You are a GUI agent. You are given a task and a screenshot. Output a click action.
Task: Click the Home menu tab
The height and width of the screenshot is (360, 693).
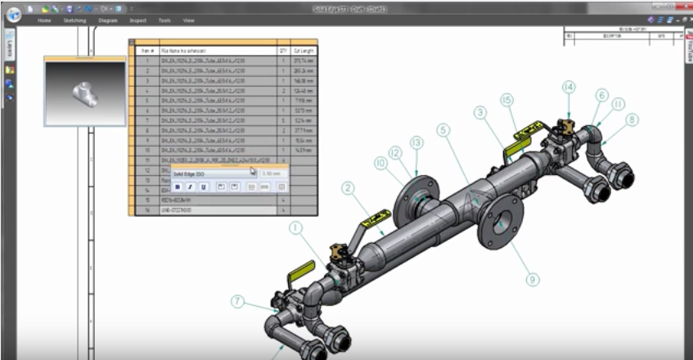point(44,20)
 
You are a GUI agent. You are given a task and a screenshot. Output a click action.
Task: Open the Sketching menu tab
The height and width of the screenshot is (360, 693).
point(74,20)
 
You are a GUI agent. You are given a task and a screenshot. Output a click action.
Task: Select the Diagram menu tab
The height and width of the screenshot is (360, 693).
point(107,20)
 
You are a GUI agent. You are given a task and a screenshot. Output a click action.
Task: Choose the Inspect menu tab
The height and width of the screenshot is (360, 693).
point(137,20)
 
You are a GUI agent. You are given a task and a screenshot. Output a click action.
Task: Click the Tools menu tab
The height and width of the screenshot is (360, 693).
point(164,20)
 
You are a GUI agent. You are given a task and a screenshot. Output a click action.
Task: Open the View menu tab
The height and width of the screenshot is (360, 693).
point(189,20)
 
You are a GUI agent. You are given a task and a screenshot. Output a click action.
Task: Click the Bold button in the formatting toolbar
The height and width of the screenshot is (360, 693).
point(178,187)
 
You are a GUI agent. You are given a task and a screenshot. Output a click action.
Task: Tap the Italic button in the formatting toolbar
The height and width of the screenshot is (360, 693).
point(190,187)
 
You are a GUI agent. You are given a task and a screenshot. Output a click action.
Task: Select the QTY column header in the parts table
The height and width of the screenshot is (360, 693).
point(283,50)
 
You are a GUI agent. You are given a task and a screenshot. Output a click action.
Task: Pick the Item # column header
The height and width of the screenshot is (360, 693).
point(147,50)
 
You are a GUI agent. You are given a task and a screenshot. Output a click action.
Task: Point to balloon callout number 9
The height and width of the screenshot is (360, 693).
point(533,279)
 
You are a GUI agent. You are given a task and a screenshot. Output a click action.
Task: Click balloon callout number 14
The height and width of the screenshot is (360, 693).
point(569,87)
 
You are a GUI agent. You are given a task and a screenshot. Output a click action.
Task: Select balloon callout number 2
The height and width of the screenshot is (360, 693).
point(348,188)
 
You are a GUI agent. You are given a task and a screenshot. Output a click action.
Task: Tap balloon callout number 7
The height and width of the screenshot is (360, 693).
point(237,301)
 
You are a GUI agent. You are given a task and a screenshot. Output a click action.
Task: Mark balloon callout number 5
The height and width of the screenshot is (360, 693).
point(443,129)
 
